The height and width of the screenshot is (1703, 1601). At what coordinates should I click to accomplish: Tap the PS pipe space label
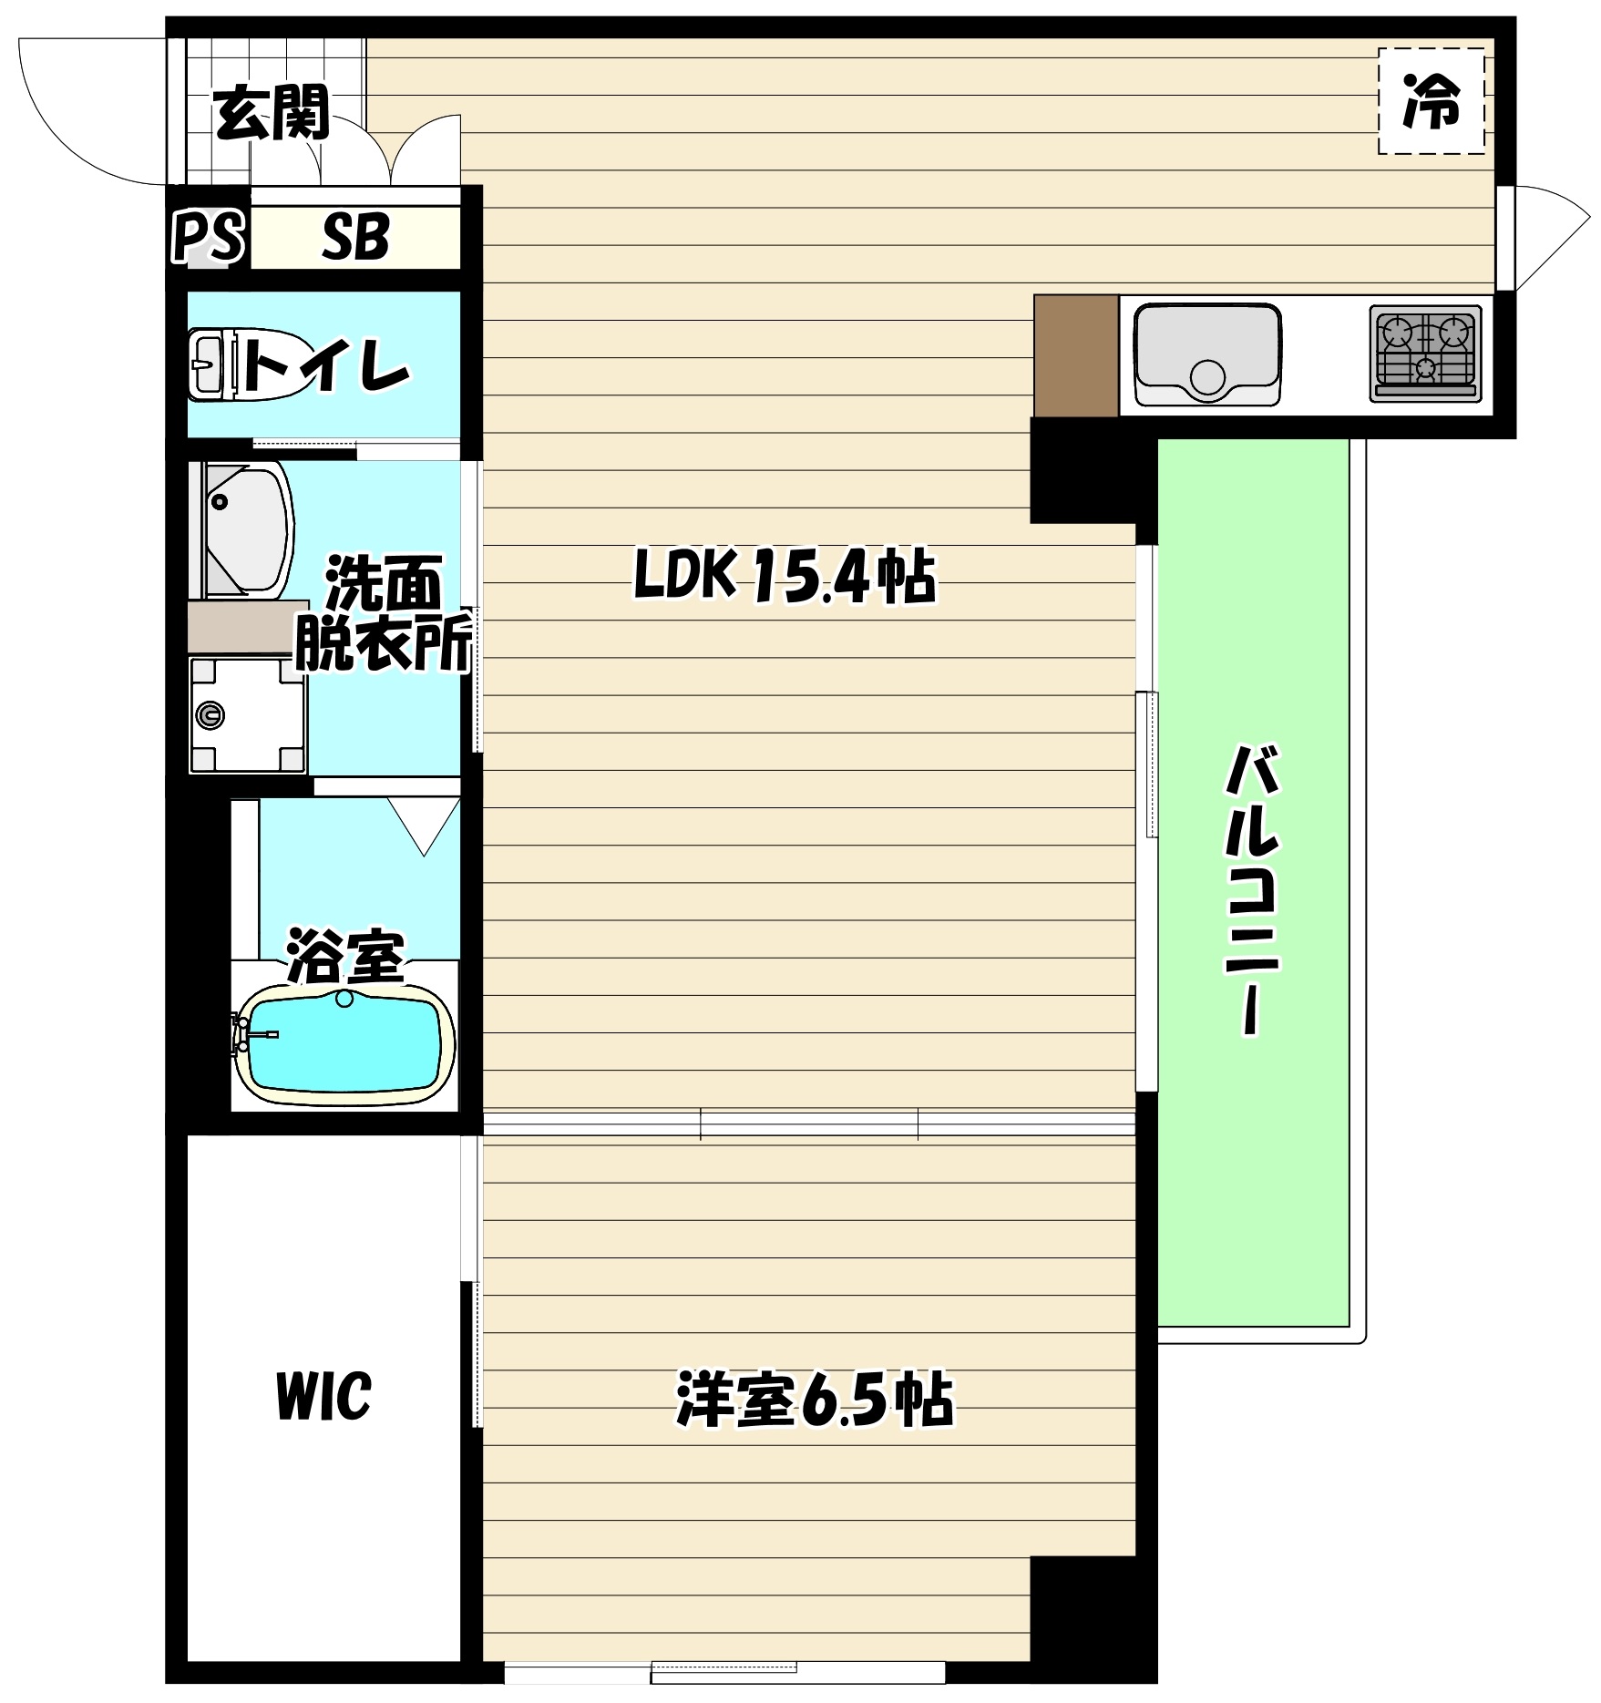coord(209,238)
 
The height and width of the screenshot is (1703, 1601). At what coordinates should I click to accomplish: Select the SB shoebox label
coord(355,238)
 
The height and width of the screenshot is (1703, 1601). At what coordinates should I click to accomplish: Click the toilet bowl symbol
coord(211,365)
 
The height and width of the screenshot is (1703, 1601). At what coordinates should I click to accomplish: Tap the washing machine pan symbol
coord(247,715)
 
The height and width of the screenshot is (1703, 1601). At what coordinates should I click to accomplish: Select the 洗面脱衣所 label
coord(383,615)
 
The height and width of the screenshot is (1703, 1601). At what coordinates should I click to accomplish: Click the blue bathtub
coord(344,1041)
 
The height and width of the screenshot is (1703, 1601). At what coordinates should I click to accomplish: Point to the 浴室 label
coord(344,956)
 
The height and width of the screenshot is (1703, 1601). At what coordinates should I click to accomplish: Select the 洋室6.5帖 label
coord(814,1400)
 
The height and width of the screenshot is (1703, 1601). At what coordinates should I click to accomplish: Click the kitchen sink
coord(1206,355)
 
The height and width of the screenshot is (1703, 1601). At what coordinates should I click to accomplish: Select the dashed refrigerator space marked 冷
coord(1431,101)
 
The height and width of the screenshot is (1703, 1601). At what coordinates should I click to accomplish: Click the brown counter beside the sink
coord(1076,355)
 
